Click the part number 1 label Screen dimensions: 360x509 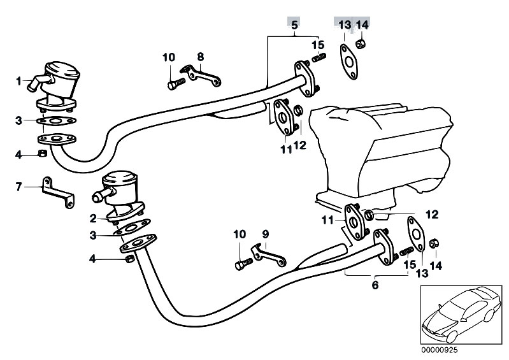[x=19, y=81]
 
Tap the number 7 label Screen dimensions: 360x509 [x=18, y=186]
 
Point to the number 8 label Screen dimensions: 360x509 [x=200, y=57]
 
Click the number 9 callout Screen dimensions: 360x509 [x=266, y=234]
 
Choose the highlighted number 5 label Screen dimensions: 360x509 [x=294, y=25]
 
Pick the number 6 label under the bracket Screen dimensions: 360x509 [x=375, y=285]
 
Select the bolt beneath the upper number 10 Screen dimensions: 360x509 [x=175, y=82]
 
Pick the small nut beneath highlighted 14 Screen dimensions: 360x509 [x=361, y=43]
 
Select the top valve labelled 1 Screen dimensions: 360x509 [x=59, y=80]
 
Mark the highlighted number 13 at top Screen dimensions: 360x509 [x=345, y=25]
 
